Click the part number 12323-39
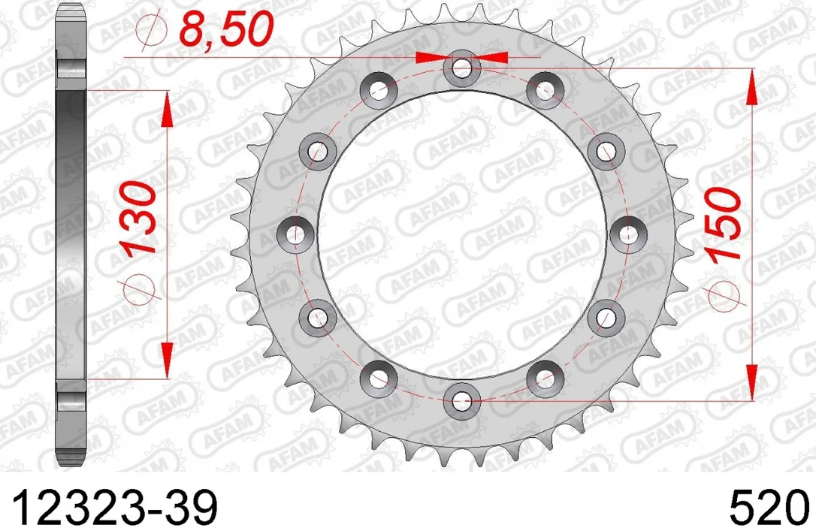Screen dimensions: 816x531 pos(113,507)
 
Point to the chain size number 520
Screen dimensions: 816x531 pos(769,507)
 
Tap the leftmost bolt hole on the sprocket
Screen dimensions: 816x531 pos(295,234)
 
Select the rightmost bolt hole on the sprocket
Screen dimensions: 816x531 pos(628,234)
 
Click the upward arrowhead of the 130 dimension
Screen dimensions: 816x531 pos(167,110)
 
